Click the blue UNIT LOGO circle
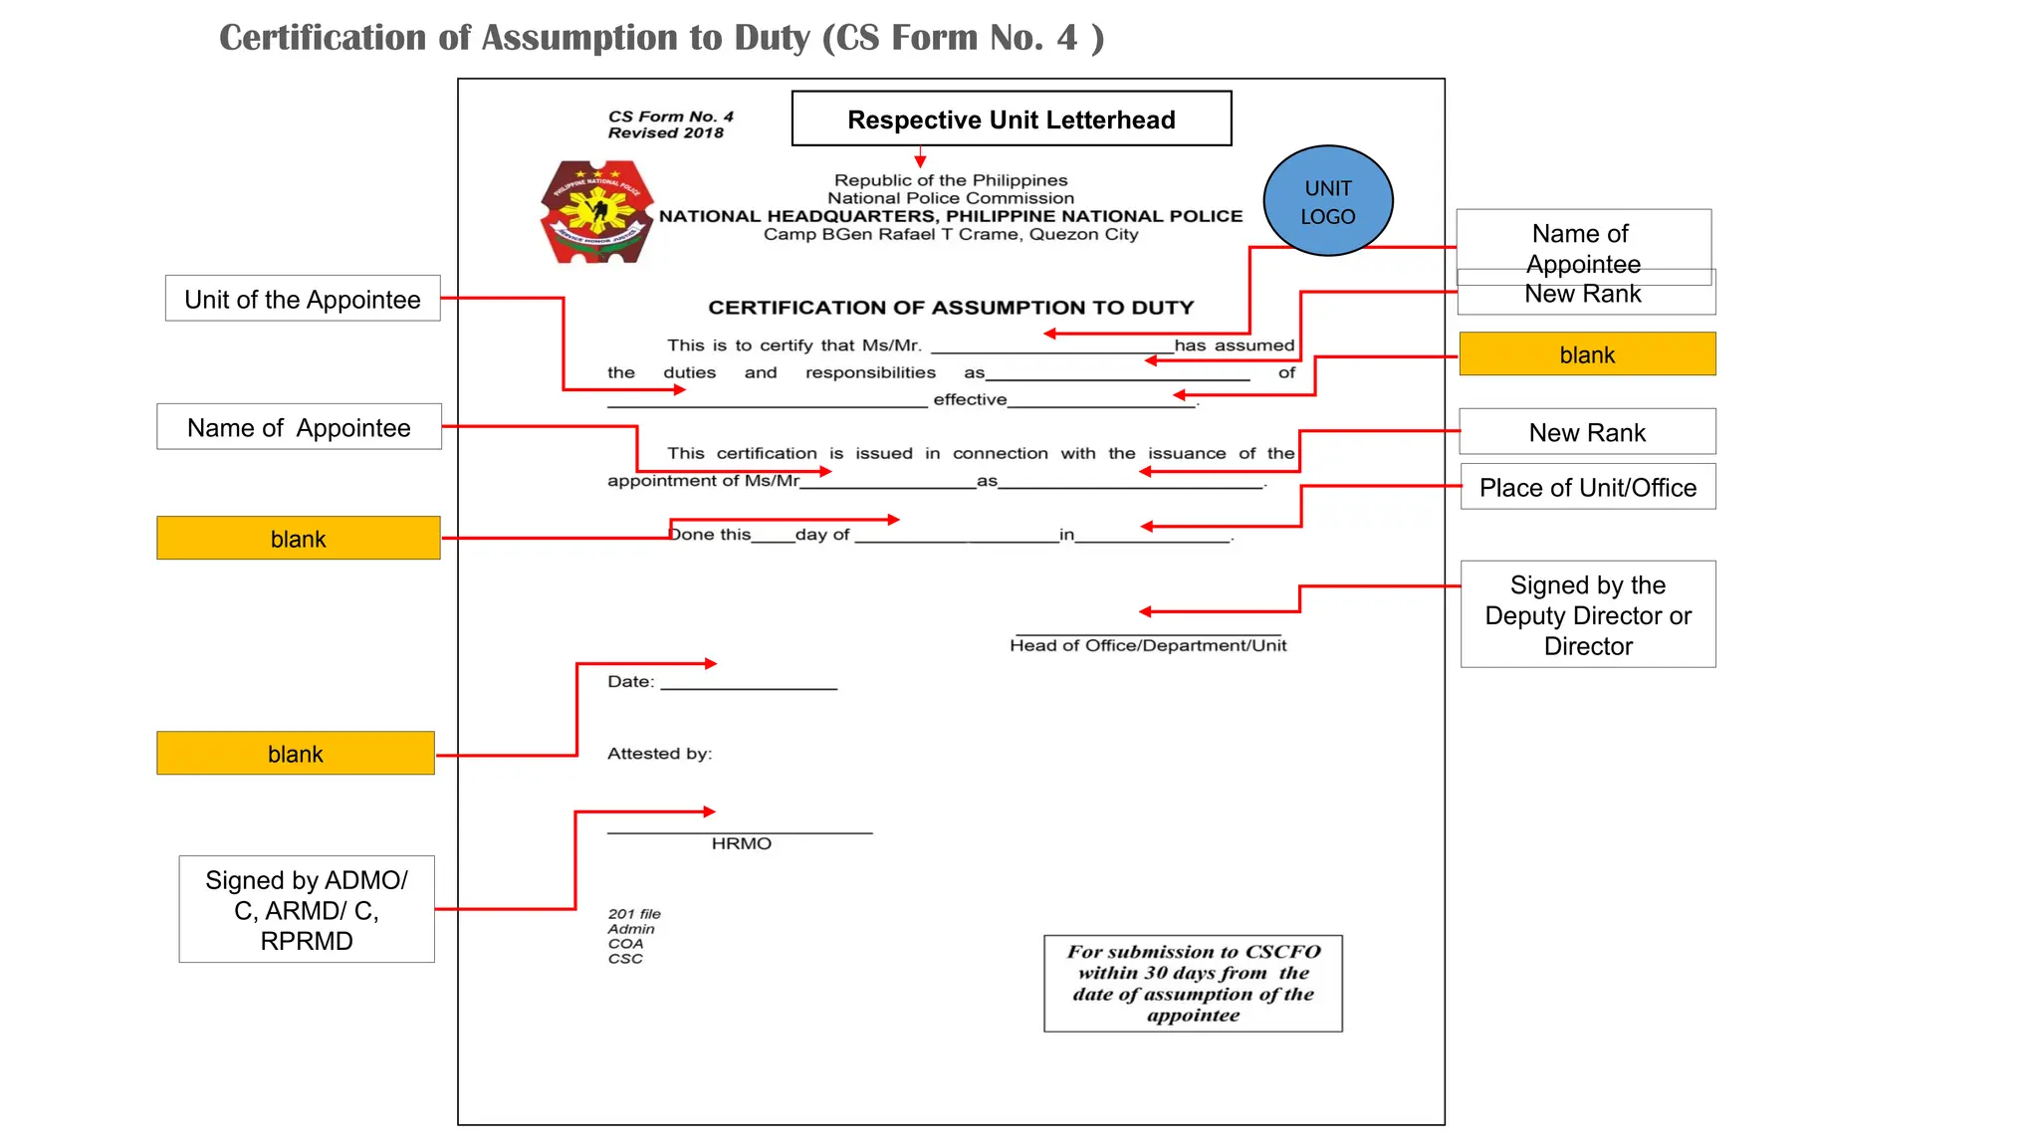coord(1327,201)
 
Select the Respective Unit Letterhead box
coord(1011,119)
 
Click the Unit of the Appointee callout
coord(303,299)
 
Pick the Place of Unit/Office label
coord(1587,487)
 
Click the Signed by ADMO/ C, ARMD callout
coord(307,909)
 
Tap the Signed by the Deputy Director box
coord(1587,614)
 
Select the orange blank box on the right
coord(1587,354)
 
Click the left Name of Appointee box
coord(299,427)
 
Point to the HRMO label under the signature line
coord(741,843)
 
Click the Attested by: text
coord(659,754)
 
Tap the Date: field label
coord(630,682)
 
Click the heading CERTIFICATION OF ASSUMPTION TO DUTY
coord(951,308)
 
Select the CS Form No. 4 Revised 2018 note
coord(670,124)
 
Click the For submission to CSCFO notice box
coord(1193,983)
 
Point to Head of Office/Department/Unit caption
coord(1147,645)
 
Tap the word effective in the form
coord(970,399)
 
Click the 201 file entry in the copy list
coord(634,914)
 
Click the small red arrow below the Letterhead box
coord(920,158)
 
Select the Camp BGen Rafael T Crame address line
coord(951,235)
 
